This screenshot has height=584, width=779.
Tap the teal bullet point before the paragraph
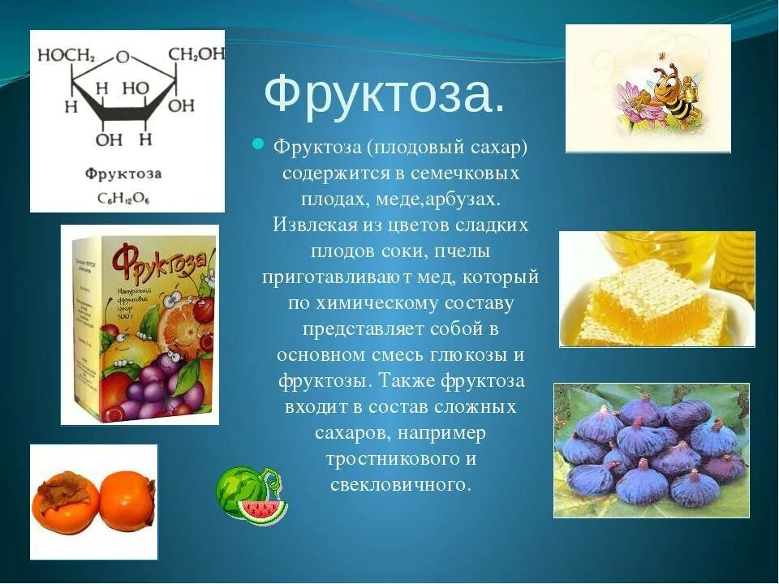pyautogui.click(x=257, y=144)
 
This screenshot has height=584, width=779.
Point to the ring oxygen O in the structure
pyautogui.click(x=123, y=57)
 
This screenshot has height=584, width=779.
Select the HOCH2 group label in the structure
pyautogui.click(x=68, y=55)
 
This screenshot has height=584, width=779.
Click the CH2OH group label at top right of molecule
pyautogui.click(x=196, y=54)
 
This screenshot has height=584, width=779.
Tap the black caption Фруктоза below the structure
pyautogui.click(x=123, y=174)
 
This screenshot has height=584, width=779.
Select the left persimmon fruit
pyautogui.click(x=65, y=501)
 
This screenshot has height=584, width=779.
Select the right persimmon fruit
pyautogui.click(x=127, y=502)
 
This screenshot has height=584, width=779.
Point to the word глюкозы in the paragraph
pyautogui.click(x=471, y=354)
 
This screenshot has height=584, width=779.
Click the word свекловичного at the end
pyautogui.click(x=401, y=484)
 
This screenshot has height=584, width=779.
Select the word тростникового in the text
pyautogui.click(x=389, y=458)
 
